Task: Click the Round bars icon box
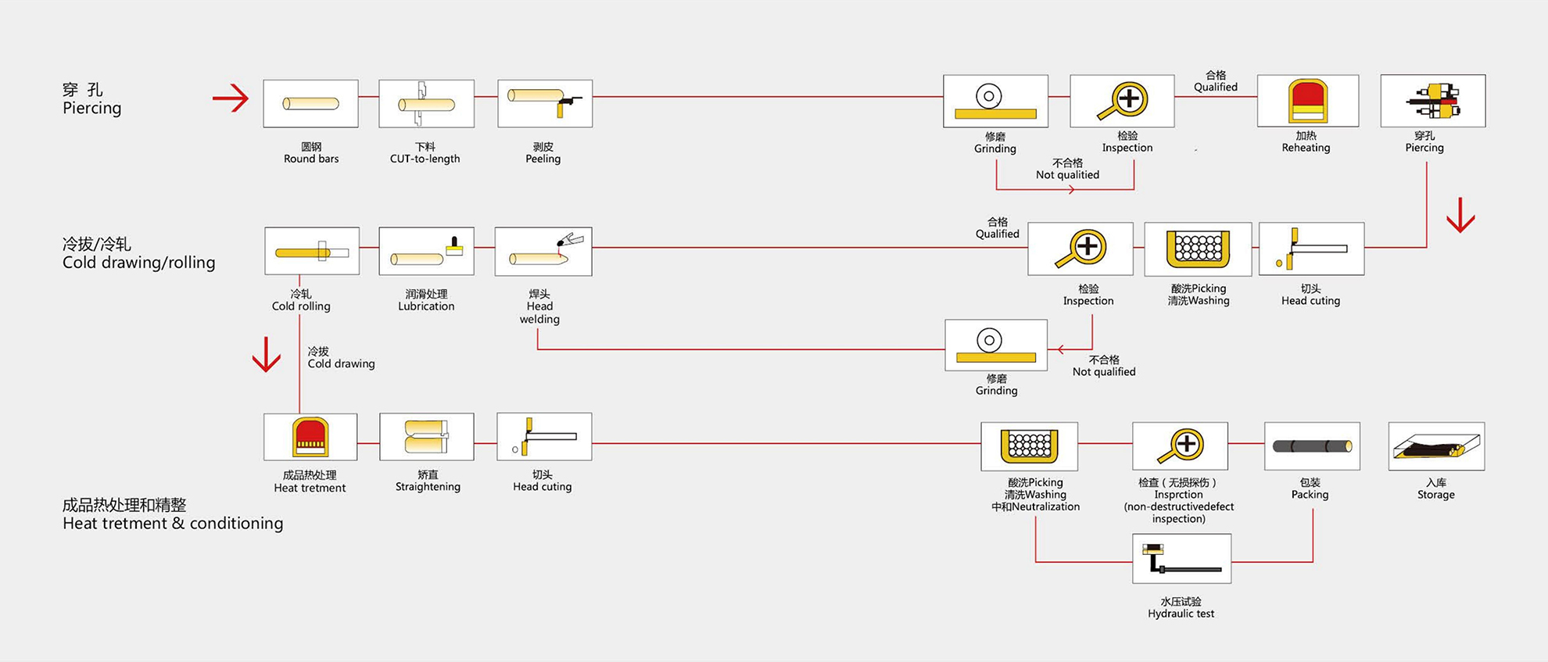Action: tap(310, 103)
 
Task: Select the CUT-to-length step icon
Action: tap(426, 103)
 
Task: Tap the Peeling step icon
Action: tap(545, 103)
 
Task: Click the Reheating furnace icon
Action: tap(1307, 101)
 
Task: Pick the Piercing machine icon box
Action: tap(1432, 101)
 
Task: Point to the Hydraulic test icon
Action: tap(1181, 559)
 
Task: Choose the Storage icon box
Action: tap(1436, 446)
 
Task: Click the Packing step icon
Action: tap(1312, 446)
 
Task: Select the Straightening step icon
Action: tap(426, 436)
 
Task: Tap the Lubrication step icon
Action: tap(426, 251)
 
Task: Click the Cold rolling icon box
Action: tap(312, 251)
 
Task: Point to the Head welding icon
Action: tap(543, 251)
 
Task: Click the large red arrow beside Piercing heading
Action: tap(231, 98)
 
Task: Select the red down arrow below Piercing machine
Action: tap(1460, 215)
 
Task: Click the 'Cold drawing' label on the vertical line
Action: tap(341, 358)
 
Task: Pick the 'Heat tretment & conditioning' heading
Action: tap(173, 514)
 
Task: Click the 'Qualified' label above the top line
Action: tap(1215, 81)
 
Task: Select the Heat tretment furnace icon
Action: tap(310, 436)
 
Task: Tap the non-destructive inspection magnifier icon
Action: tap(1180, 446)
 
